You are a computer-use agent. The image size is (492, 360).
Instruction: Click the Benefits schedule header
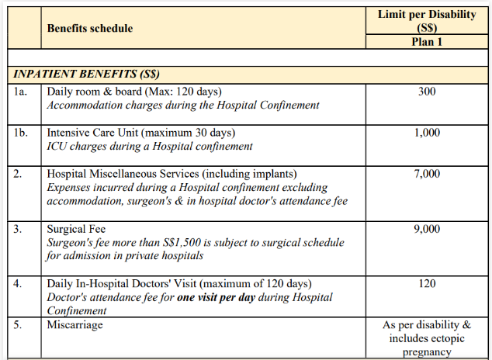point(89,29)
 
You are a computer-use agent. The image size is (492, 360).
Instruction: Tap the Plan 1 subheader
point(426,42)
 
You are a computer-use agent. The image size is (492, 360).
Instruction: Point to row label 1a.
point(21,92)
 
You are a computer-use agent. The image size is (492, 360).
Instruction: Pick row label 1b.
point(21,133)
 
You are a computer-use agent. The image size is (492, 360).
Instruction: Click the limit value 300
point(426,92)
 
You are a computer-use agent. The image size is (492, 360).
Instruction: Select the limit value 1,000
point(426,133)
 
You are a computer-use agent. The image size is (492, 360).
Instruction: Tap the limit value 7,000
point(426,174)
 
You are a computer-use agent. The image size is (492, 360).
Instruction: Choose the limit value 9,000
point(426,230)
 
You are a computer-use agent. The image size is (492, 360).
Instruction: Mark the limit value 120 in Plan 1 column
point(426,284)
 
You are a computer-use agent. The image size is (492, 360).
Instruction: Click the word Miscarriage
point(74,325)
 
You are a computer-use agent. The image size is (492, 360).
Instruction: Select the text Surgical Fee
point(76,230)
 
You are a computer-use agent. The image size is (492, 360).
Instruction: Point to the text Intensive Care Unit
point(95,133)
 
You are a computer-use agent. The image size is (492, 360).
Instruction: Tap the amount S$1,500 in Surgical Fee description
point(199,243)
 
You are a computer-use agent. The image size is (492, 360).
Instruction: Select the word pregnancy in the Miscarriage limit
point(426,352)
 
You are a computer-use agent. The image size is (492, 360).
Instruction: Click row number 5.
point(18,325)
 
